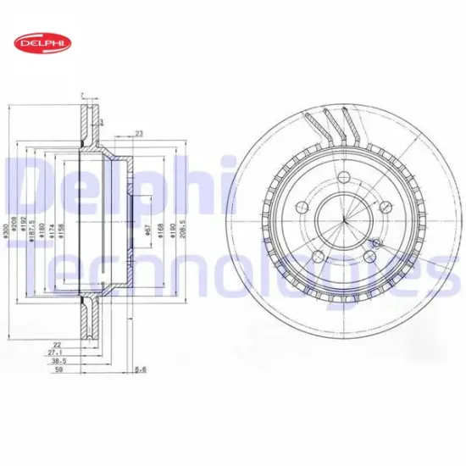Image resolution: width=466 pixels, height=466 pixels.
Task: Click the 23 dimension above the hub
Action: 139,132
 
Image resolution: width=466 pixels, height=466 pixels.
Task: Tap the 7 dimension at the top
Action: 80,95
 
